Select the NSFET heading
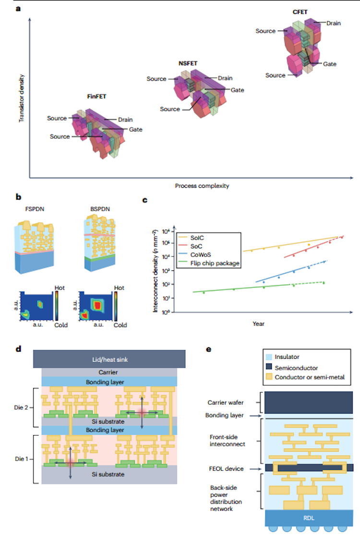[188, 62]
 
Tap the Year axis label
[258, 324]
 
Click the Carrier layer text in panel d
[109, 372]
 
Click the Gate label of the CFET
[329, 63]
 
